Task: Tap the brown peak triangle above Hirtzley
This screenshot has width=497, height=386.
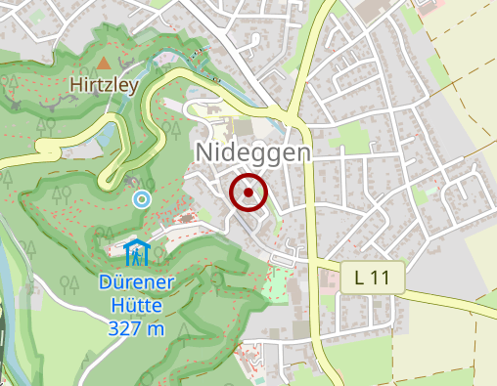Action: pyautogui.click(x=104, y=63)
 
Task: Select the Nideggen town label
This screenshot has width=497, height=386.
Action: pyautogui.click(x=253, y=152)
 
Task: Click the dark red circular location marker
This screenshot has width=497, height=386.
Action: pyautogui.click(x=248, y=193)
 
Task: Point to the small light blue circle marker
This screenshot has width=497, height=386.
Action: pyautogui.click(x=142, y=199)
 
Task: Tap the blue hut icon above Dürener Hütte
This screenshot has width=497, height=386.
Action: pyautogui.click(x=137, y=252)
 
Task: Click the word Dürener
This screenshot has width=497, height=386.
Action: pyautogui.click(x=138, y=284)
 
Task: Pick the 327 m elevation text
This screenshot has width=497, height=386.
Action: pyautogui.click(x=137, y=328)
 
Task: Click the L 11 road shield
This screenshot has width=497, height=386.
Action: pyautogui.click(x=373, y=278)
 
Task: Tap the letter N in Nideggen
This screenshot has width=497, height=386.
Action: pyautogui.click(x=204, y=152)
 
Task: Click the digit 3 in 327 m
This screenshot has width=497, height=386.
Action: pyautogui.click(x=113, y=328)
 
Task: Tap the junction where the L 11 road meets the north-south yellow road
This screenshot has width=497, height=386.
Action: pyautogui.click(x=317, y=262)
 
